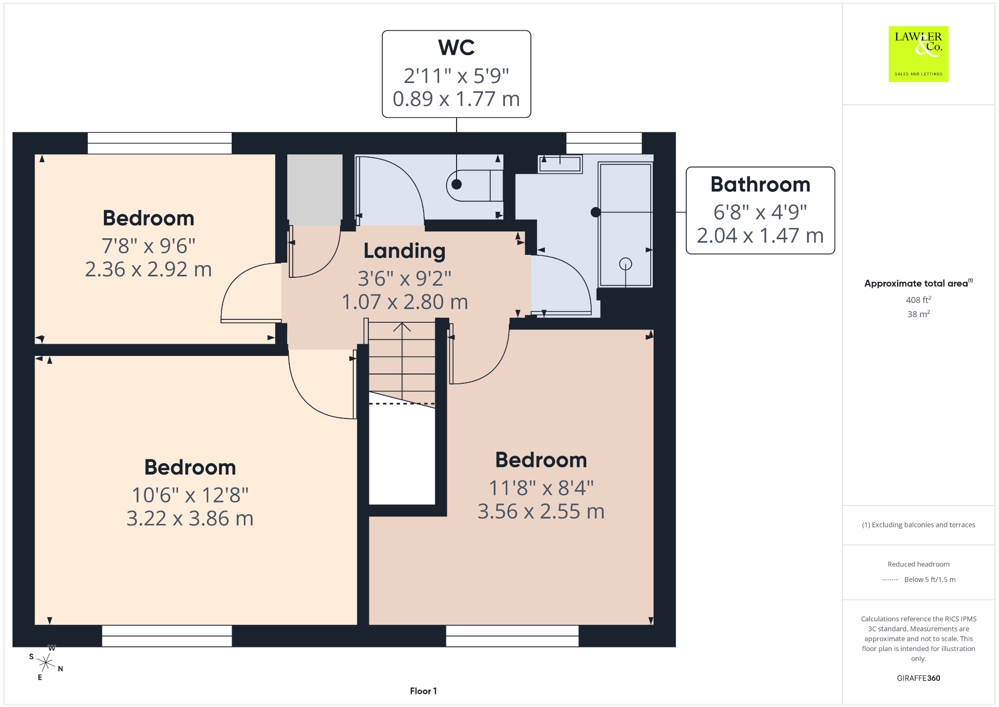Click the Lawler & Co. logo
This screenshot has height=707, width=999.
point(919,54)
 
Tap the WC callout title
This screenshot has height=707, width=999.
point(456,47)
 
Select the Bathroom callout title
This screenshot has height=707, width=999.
point(760,185)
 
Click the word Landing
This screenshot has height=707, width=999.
point(404,251)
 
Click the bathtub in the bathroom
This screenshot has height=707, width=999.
point(625,225)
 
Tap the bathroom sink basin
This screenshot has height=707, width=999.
point(560,164)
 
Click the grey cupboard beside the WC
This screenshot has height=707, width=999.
point(315,190)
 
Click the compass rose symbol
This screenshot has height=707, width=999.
point(46,663)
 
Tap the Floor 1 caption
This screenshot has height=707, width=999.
point(423,691)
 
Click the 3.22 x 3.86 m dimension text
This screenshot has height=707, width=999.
point(190,519)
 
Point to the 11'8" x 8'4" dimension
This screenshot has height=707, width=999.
point(541,488)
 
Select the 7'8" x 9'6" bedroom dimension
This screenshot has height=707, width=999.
point(148,246)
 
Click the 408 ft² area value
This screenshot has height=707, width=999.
point(919,300)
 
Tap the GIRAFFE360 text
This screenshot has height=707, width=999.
point(919,678)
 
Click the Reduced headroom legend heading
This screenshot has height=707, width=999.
point(919,564)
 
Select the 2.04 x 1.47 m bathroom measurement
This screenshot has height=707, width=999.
point(760,236)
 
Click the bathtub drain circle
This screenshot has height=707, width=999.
point(625,264)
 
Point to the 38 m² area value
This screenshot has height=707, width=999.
point(919,314)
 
